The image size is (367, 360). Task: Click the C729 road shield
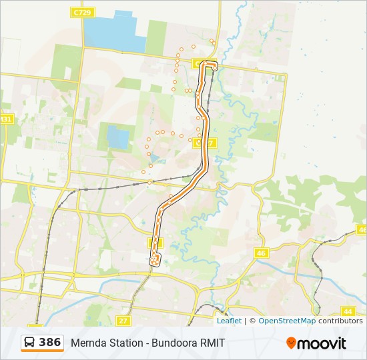pos(83,13)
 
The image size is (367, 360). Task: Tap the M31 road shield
pos(6,119)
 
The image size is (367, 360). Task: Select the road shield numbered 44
pos(348,311)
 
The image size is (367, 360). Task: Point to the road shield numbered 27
pos(123,321)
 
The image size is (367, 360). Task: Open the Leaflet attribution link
pos(229,321)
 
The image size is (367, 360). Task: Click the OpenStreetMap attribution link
pos(287,321)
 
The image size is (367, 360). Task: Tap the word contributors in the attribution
pos(340,321)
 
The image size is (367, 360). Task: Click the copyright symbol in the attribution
pos(252,321)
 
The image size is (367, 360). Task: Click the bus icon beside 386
pos(30,343)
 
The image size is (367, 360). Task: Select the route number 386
pos(50,343)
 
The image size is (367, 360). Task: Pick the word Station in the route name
pos(127,343)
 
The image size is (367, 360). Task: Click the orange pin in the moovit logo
pos(291,343)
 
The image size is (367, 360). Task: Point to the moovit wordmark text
pos(322,343)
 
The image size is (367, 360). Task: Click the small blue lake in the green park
pos(118,138)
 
